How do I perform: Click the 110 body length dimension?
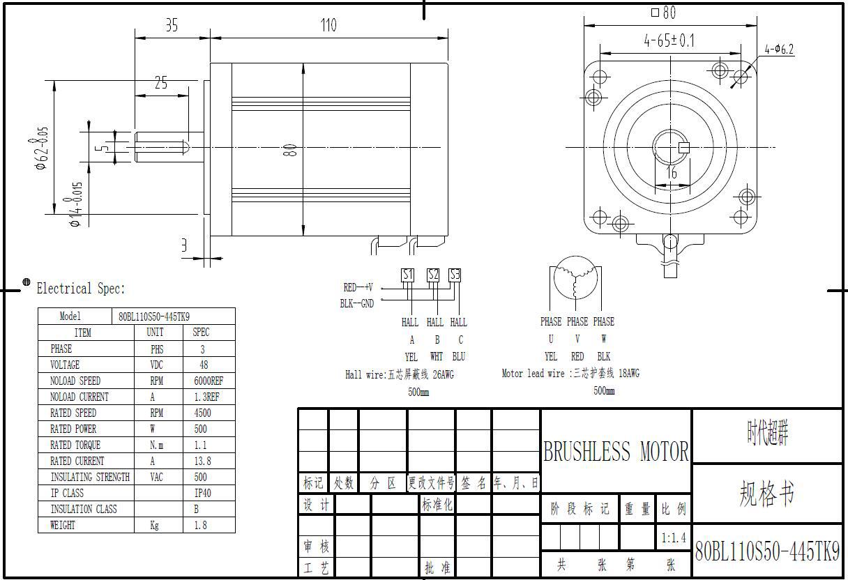point(328,26)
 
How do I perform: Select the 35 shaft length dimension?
point(172,26)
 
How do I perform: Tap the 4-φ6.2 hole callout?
point(779,49)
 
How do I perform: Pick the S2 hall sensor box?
point(434,275)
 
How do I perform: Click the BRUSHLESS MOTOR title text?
point(616,452)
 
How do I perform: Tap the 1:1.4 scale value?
point(673,537)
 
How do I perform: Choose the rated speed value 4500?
point(202,413)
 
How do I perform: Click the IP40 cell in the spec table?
point(202,493)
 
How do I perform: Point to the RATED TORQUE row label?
point(75,445)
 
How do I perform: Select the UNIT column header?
point(156,333)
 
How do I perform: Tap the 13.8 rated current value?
point(202,461)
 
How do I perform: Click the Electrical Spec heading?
point(81,289)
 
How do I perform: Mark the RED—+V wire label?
point(358,287)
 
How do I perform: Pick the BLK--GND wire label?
point(357,303)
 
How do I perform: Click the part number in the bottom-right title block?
point(767,552)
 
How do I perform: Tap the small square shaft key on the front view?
point(683,147)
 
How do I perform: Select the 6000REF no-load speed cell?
point(209,381)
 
